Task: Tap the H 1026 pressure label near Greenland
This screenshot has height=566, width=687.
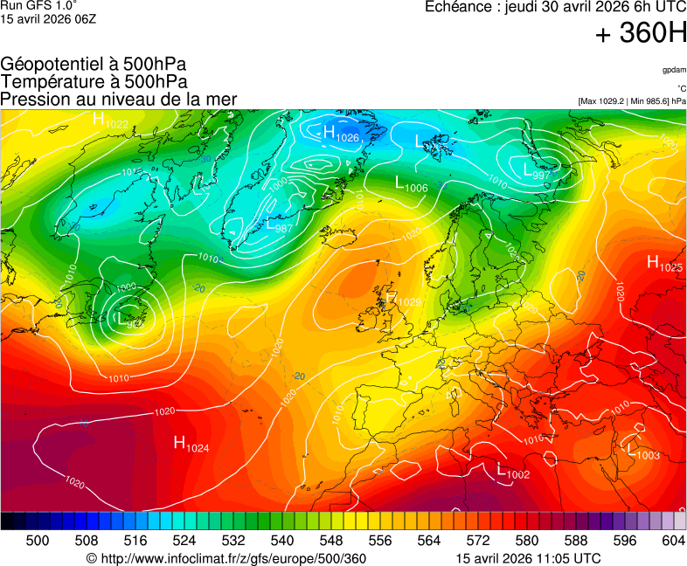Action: coord(342,134)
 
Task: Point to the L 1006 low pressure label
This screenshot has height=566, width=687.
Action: coord(411,184)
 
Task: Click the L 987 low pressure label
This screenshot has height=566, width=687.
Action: coord(279,225)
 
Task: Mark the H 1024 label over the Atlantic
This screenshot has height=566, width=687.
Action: coord(191,444)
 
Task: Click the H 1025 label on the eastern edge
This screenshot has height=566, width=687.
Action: coord(664,263)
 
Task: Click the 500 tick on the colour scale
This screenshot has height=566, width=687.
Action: coord(38,542)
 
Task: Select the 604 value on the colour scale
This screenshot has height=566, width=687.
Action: coord(673,542)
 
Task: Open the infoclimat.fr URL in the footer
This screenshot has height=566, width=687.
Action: coord(226,559)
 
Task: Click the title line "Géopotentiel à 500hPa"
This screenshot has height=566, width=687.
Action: coord(94,65)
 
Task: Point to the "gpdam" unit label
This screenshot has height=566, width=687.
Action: coord(674,69)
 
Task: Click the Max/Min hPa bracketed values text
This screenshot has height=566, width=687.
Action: coord(632,100)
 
